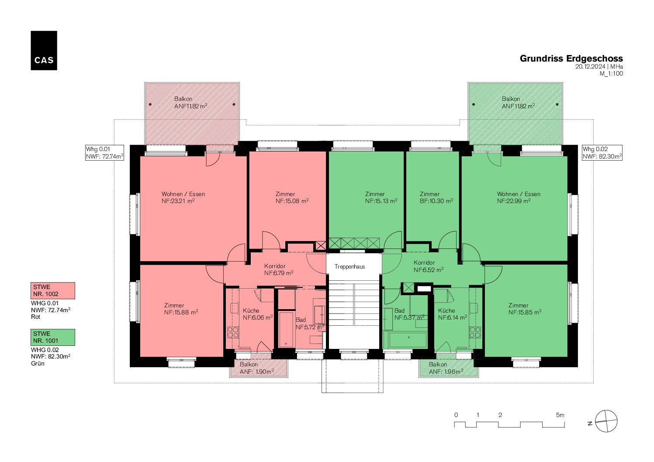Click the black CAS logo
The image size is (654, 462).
[44, 51]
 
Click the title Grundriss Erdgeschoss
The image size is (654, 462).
[571, 59]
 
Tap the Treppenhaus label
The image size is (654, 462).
[349, 266]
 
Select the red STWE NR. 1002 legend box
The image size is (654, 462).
[53, 290]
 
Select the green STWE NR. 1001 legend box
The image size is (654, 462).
[53, 337]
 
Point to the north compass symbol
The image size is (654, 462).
[606, 421]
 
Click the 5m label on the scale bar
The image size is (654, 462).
[560, 415]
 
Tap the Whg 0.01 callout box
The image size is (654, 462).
[104, 153]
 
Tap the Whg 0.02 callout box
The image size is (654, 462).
[602, 153]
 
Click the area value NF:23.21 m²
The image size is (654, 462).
[178, 201]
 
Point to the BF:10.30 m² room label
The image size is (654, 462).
[436, 197]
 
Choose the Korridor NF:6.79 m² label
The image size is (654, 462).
[279, 269]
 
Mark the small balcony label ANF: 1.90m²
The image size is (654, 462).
[256, 372]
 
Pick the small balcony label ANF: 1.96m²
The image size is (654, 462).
[446, 372]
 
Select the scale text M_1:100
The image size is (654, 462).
[611, 73]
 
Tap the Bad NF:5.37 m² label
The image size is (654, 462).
[409, 314]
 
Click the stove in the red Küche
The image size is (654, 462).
[233, 332]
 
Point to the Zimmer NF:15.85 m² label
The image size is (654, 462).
[525, 309]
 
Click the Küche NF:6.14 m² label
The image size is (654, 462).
[452, 314]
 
